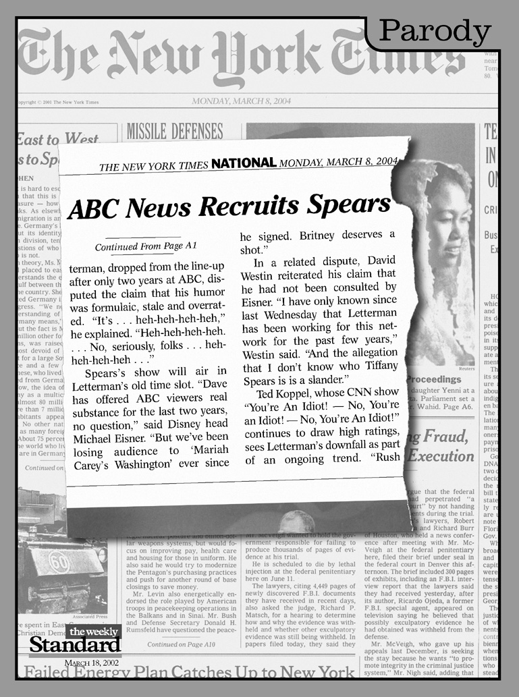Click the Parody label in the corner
pyautogui.click(x=435, y=31)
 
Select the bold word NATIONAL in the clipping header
pyautogui.click(x=243, y=163)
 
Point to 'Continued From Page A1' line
pyautogui.click(x=146, y=246)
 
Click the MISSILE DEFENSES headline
pyautogui.click(x=174, y=130)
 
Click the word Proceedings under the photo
pyautogui.click(x=433, y=380)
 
